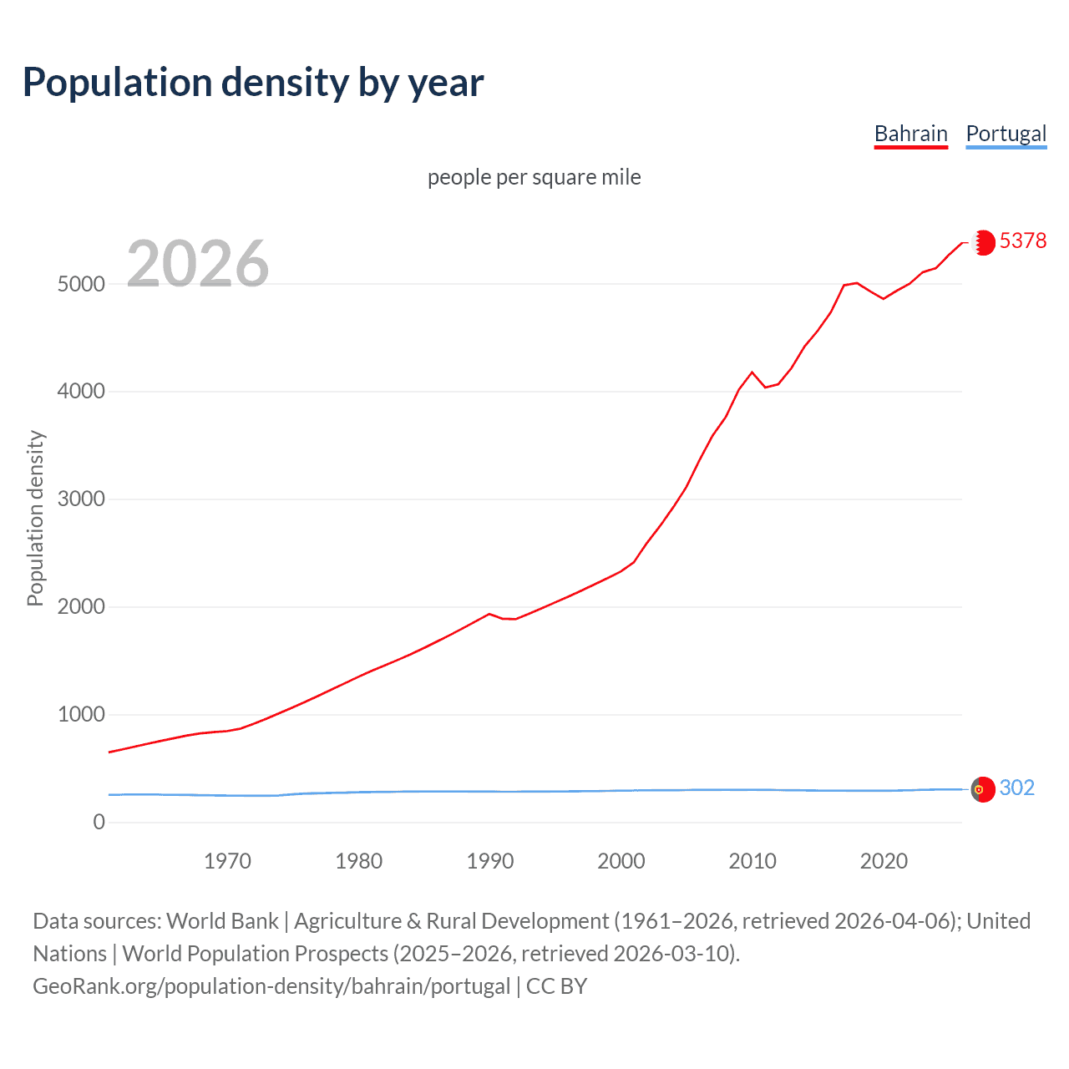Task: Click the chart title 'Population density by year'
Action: click(x=253, y=83)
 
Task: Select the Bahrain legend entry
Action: click(x=910, y=134)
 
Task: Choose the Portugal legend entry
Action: click(x=1006, y=134)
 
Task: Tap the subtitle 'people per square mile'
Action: click(x=534, y=177)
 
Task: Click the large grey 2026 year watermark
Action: click(x=198, y=264)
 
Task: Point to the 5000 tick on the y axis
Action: click(x=81, y=284)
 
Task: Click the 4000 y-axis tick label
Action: click(x=81, y=392)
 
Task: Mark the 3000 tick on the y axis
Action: click(x=81, y=499)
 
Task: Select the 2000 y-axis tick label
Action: click(x=81, y=607)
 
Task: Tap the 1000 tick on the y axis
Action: click(x=81, y=715)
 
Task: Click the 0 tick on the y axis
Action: click(x=99, y=823)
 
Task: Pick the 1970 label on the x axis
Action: click(x=227, y=861)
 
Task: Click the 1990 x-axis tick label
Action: click(x=490, y=861)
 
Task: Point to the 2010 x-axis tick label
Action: click(x=752, y=861)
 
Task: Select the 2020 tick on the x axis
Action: click(x=884, y=861)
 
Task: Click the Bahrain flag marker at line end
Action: click(x=984, y=242)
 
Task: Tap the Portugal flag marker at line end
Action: click(x=983, y=789)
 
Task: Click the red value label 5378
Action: click(x=1023, y=241)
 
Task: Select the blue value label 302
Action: click(x=1017, y=788)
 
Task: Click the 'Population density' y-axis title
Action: click(x=35, y=518)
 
